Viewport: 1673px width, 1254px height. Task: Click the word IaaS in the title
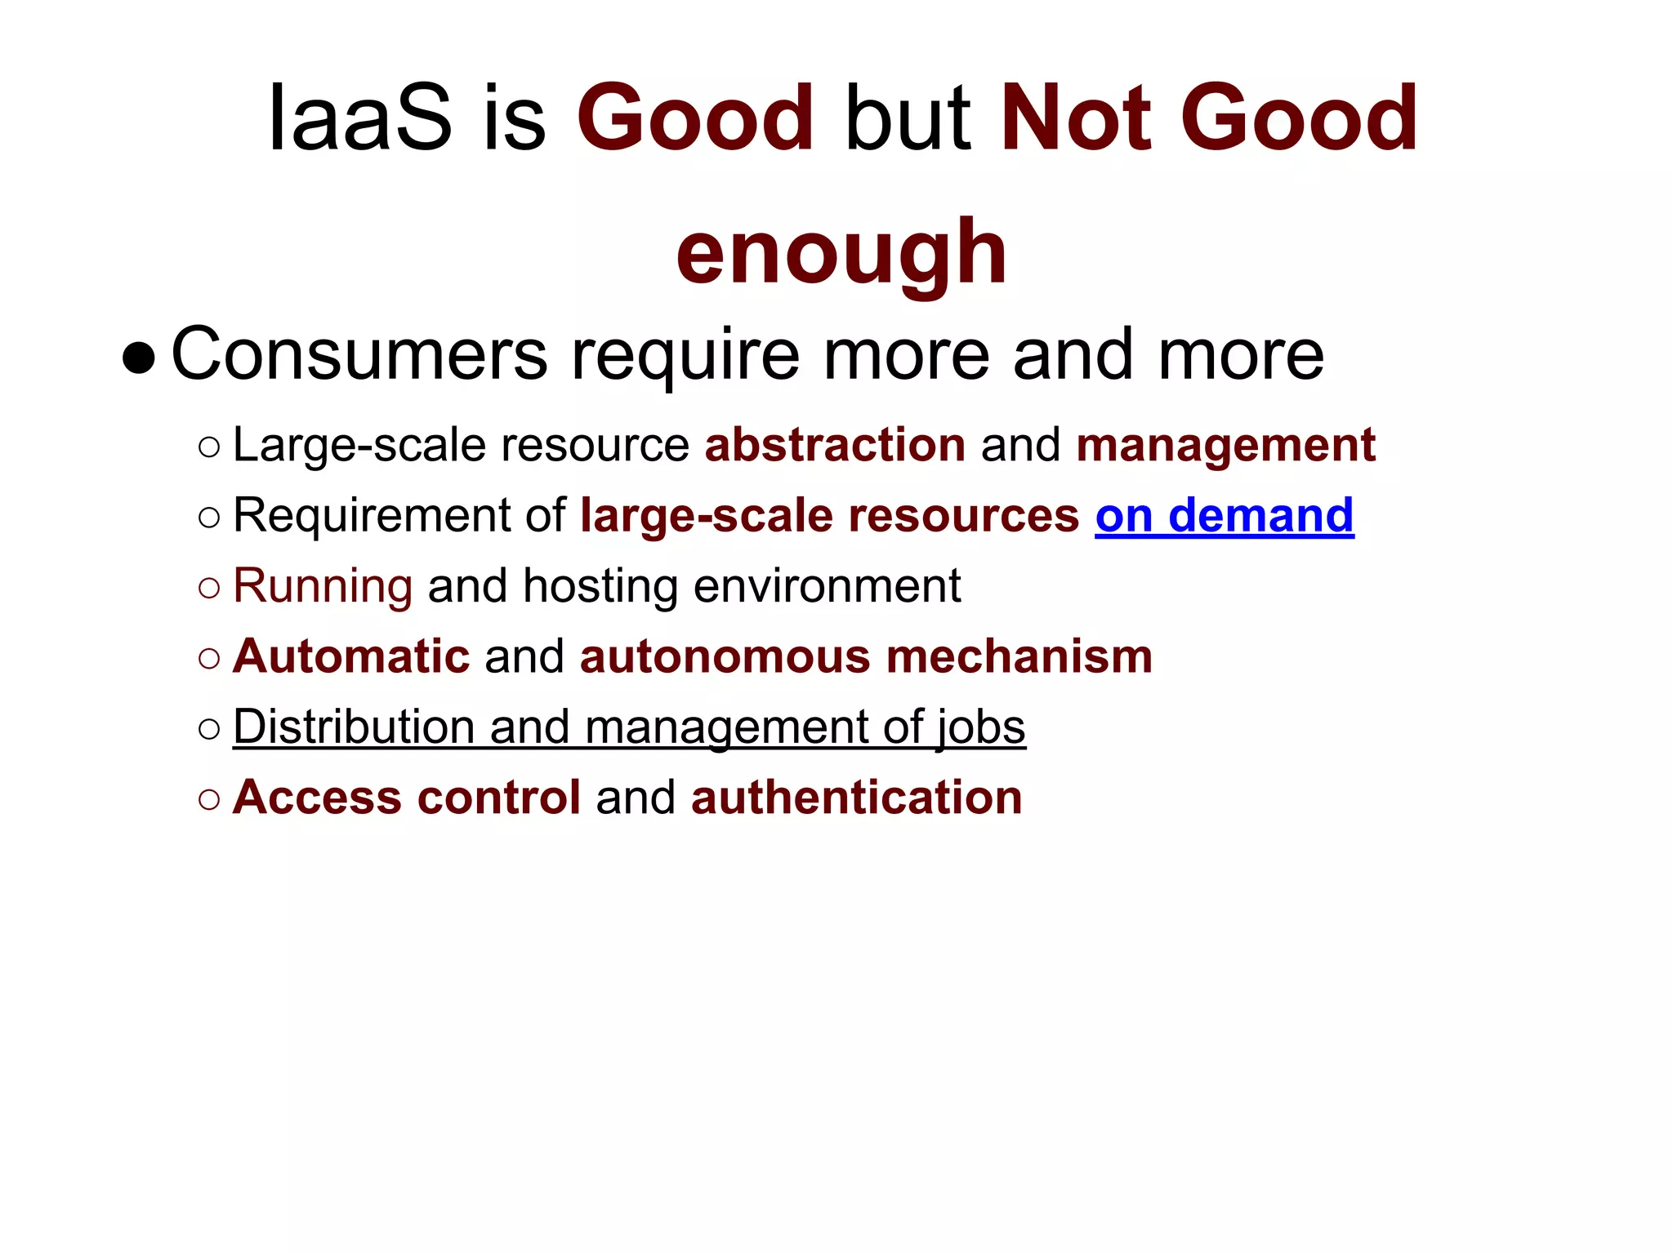pyautogui.click(x=359, y=119)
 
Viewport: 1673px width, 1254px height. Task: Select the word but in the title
pyautogui.click(x=908, y=119)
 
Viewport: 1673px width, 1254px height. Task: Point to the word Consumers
pyautogui.click(x=359, y=354)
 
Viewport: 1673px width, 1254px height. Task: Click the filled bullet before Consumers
pyautogui.click(x=138, y=358)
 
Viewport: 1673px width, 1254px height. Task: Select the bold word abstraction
pyautogui.click(x=835, y=445)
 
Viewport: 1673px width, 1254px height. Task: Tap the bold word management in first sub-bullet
pyautogui.click(x=1225, y=445)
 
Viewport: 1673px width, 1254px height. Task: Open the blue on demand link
pyautogui.click(x=1224, y=516)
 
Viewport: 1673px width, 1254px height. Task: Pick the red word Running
pyautogui.click(x=323, y=586)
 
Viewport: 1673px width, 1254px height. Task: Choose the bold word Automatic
pyautogui.click(x=351, y=656)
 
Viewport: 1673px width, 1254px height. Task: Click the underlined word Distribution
pyautogui.click(x=354, y=727)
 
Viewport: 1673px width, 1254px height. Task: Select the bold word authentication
pyautogui.click(x=856, y=797)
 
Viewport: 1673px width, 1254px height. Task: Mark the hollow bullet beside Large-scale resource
pyautogui.click(x=209, y=447)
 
